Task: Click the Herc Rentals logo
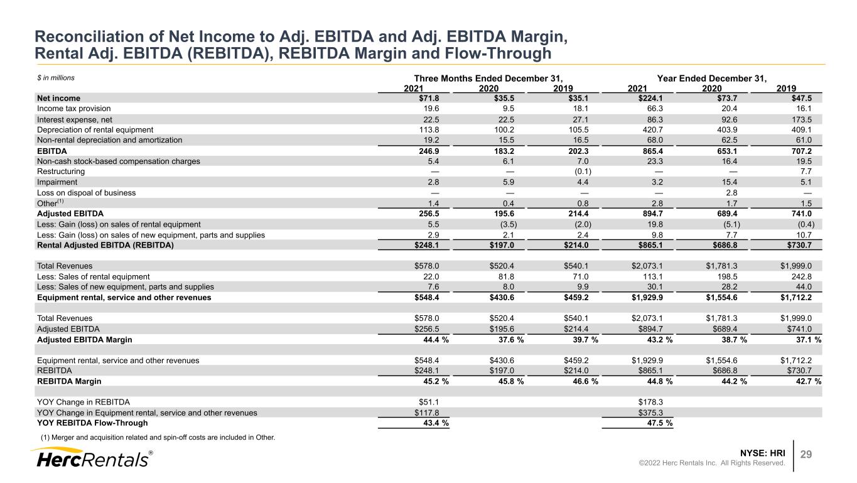coord(92,458)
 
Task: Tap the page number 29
coord(806,454)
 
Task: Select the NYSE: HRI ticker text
coord(762,453)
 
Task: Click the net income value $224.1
coord(650,98)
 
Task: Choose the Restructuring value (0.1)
coord(583,171)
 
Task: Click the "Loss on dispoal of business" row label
coord(87,193)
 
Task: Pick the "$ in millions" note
coord(56,78)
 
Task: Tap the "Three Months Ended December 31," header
coord(488,79)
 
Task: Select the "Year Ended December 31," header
coord(711,79)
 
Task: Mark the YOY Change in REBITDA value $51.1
coord(429,402)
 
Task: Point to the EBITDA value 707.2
coord(802,151)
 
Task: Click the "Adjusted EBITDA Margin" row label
coord(85,339)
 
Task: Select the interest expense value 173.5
coord(802,119)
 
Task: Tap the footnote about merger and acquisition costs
coord(158,437)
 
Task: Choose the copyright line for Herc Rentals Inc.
coord(711,463)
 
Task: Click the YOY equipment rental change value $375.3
coord(650,413)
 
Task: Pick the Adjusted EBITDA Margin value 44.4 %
coord(436,339)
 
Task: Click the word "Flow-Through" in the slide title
coord(498,53)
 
